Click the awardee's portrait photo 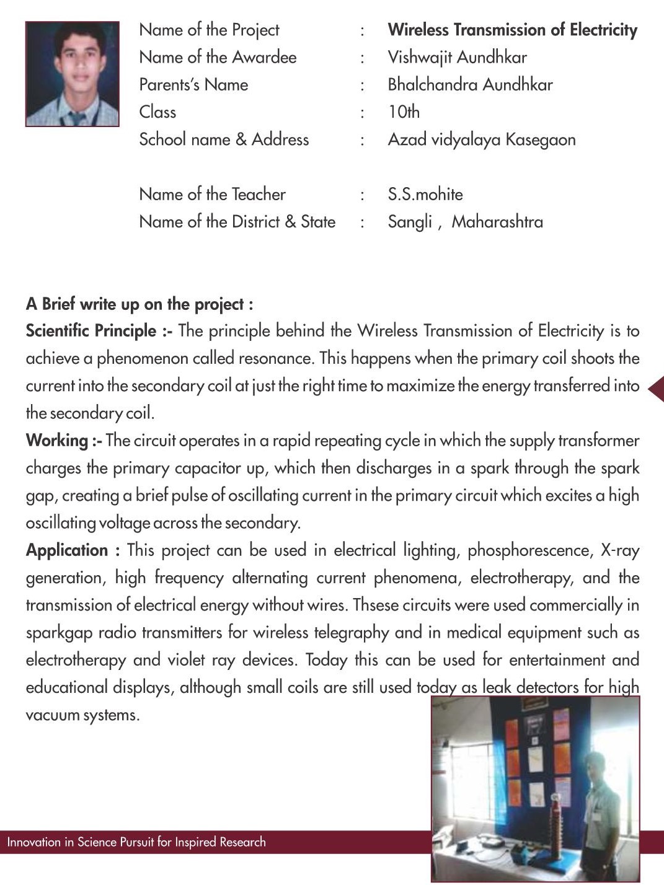[72, 74]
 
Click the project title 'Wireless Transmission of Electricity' [512, 30]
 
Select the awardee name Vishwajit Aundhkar [457, 58]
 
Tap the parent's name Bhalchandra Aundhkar [470, 85]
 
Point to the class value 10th [404, 112]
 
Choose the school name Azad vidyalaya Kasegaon [481, 139]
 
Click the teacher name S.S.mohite [425, 195]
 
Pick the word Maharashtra [497, 222]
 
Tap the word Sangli [410, 222]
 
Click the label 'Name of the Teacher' [212, 195]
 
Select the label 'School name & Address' [223, 139]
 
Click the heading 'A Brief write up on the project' [139, 304]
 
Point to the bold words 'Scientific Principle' [91, 331]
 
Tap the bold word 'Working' [57, 441]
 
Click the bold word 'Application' [67, 550]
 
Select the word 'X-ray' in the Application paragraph [619, 550]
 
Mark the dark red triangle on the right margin [656, 389]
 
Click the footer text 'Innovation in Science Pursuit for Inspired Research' [136, 842]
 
